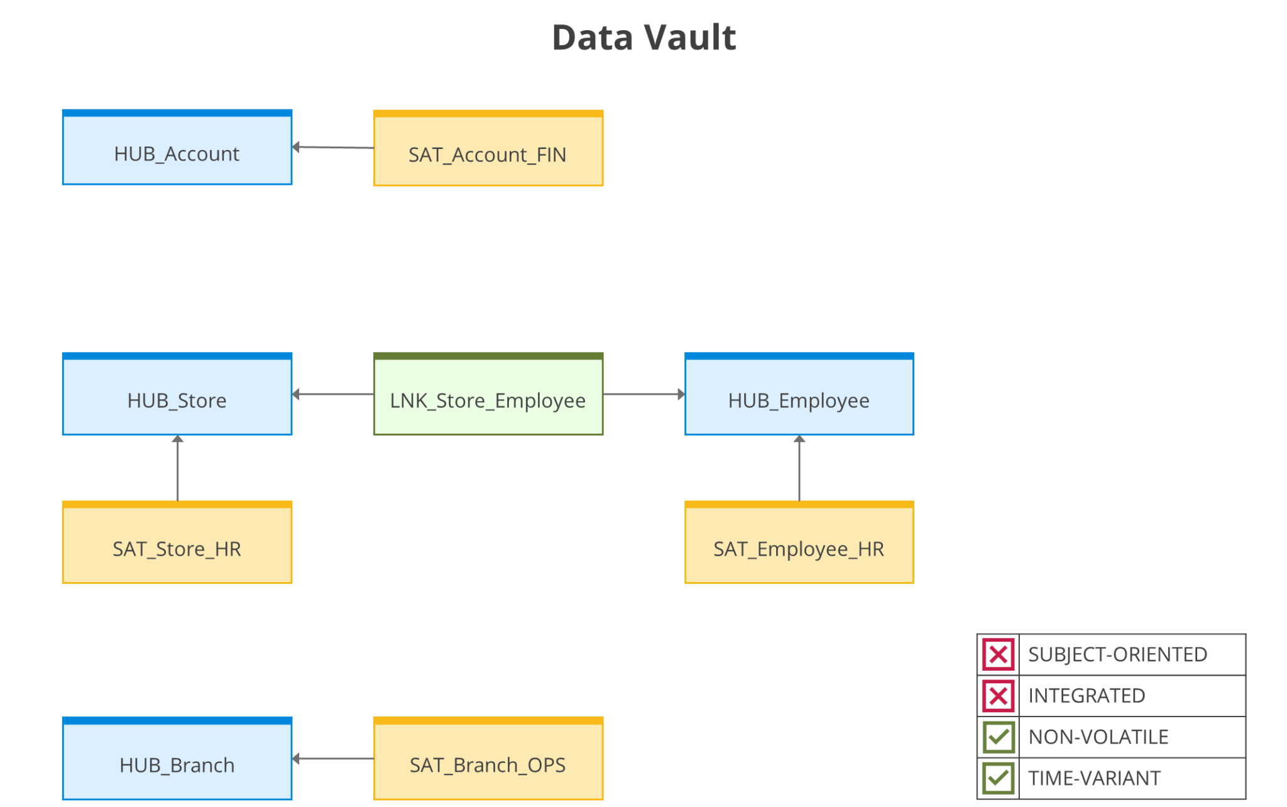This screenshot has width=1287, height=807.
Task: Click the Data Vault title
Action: click(643, 38)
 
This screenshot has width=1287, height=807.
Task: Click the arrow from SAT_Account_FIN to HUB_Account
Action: click(333, 148)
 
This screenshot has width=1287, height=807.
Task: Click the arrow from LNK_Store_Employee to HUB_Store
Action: click(333, 394)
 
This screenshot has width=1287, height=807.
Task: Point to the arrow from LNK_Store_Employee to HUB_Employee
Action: click(643, 394)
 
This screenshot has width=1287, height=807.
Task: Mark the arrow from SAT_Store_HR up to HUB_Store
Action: click(178, 468)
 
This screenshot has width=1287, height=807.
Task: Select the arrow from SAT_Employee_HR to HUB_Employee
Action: click(799, 468)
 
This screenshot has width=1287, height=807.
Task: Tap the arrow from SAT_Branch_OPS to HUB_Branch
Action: click(333, 759)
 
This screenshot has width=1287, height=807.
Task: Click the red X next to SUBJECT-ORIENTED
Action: click(998, 654)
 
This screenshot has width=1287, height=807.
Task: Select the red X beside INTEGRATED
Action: click(998, 696)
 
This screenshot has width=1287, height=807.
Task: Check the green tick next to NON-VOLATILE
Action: click(998, 737)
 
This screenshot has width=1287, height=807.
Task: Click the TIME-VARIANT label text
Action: click(1094, 778)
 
